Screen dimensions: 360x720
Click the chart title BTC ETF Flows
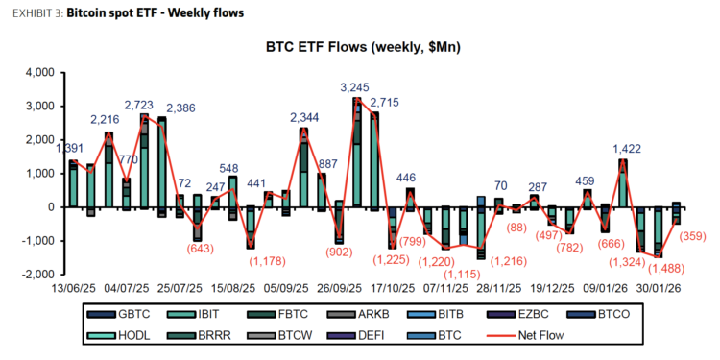coord(360,47)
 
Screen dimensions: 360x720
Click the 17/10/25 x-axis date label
coord(388,287)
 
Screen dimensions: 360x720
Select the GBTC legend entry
coord(128,314)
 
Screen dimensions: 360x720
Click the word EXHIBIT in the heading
coord(34,13)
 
